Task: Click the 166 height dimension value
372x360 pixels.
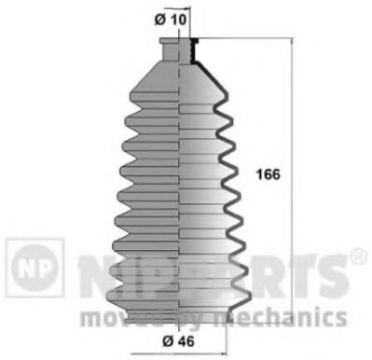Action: pyautogui.click(x=267, y=173)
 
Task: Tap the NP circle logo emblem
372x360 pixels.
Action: pyautogui.click(x=33, y=263)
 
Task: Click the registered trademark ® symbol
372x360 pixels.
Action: pyautogui.click(x=356, y=254)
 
